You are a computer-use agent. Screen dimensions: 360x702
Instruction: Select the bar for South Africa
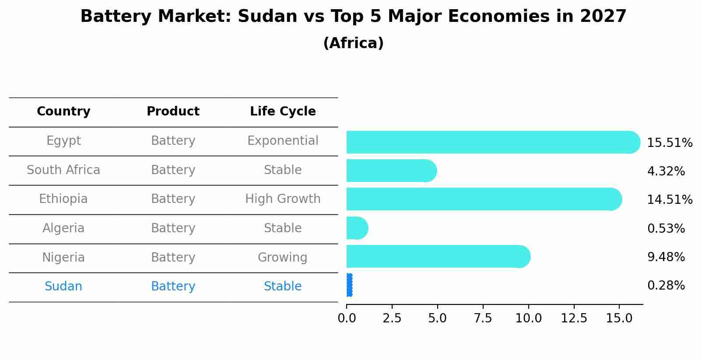(x=390, y=171)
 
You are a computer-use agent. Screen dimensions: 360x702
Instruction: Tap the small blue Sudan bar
(x=349, y=285)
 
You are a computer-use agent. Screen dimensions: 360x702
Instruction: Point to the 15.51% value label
(x=669, y=143)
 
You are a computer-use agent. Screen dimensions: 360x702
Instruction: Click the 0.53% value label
(x=666, y=228)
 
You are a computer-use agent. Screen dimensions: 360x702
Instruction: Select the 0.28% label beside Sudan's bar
(x=666, y=286)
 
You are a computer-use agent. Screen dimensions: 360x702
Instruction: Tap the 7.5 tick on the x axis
(x=483, y=318)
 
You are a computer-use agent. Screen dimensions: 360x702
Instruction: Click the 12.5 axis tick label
(x=574, y=318)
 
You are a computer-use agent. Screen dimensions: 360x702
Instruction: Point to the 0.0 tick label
(x=347, y=318)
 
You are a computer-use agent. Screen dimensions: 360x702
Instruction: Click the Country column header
(x=63, y=112)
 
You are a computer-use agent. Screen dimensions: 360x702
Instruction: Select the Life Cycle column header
(x=283, y=112)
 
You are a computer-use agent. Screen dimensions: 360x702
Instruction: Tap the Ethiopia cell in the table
(x=63, y=199)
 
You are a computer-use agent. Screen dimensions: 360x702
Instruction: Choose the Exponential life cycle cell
(x=283, y=141)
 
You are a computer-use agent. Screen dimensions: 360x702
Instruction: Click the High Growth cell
(x=283, y=199)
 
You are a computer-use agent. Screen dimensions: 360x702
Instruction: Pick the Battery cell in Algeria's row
(x=173, y=228)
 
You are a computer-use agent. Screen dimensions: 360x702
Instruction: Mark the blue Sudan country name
(x=63, y=287)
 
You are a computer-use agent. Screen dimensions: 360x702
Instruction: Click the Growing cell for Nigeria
(x=283, y=257)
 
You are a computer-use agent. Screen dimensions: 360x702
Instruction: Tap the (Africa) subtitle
(x=353, y=43)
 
